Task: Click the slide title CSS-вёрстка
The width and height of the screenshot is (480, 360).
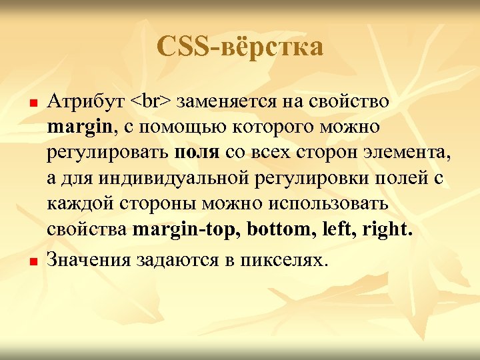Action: coord(240,47)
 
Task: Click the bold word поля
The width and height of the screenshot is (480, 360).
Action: coord(197,152)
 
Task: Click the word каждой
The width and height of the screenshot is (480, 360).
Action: coord(75,203)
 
